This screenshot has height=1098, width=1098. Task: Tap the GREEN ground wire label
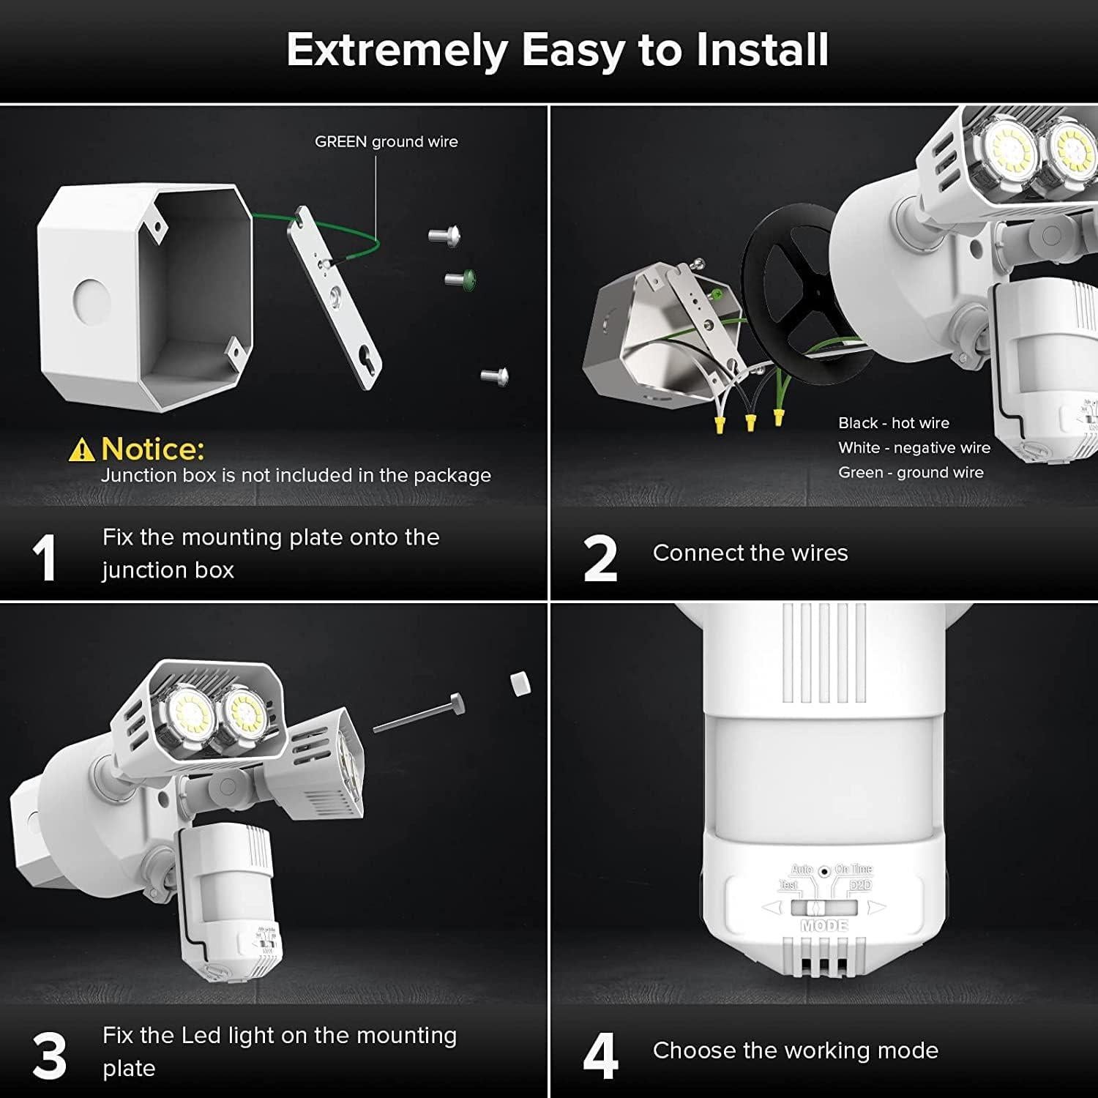pos(386,142)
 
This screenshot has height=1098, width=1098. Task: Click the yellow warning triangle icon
pos(81,449)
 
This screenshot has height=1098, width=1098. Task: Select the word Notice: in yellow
pos(153,448)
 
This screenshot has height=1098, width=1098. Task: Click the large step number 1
pos(45,558)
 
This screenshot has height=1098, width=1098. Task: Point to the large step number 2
pos(600,558)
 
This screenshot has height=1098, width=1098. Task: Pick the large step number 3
pos(49,1056)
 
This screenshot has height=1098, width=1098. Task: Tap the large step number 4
pos(600,1056)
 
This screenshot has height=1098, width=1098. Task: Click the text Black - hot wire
pos(893,423)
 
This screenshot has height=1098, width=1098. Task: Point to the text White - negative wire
pos(914,448)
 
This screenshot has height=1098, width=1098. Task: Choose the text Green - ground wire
pos(911,473)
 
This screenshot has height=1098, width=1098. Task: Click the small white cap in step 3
pos(520,684)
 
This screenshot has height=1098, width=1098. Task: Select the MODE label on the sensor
pos(824,926)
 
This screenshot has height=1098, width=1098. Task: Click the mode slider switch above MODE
pos(823,908)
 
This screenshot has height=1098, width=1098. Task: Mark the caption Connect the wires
pos(750,553)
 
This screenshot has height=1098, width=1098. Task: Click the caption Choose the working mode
pos(795,1050)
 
